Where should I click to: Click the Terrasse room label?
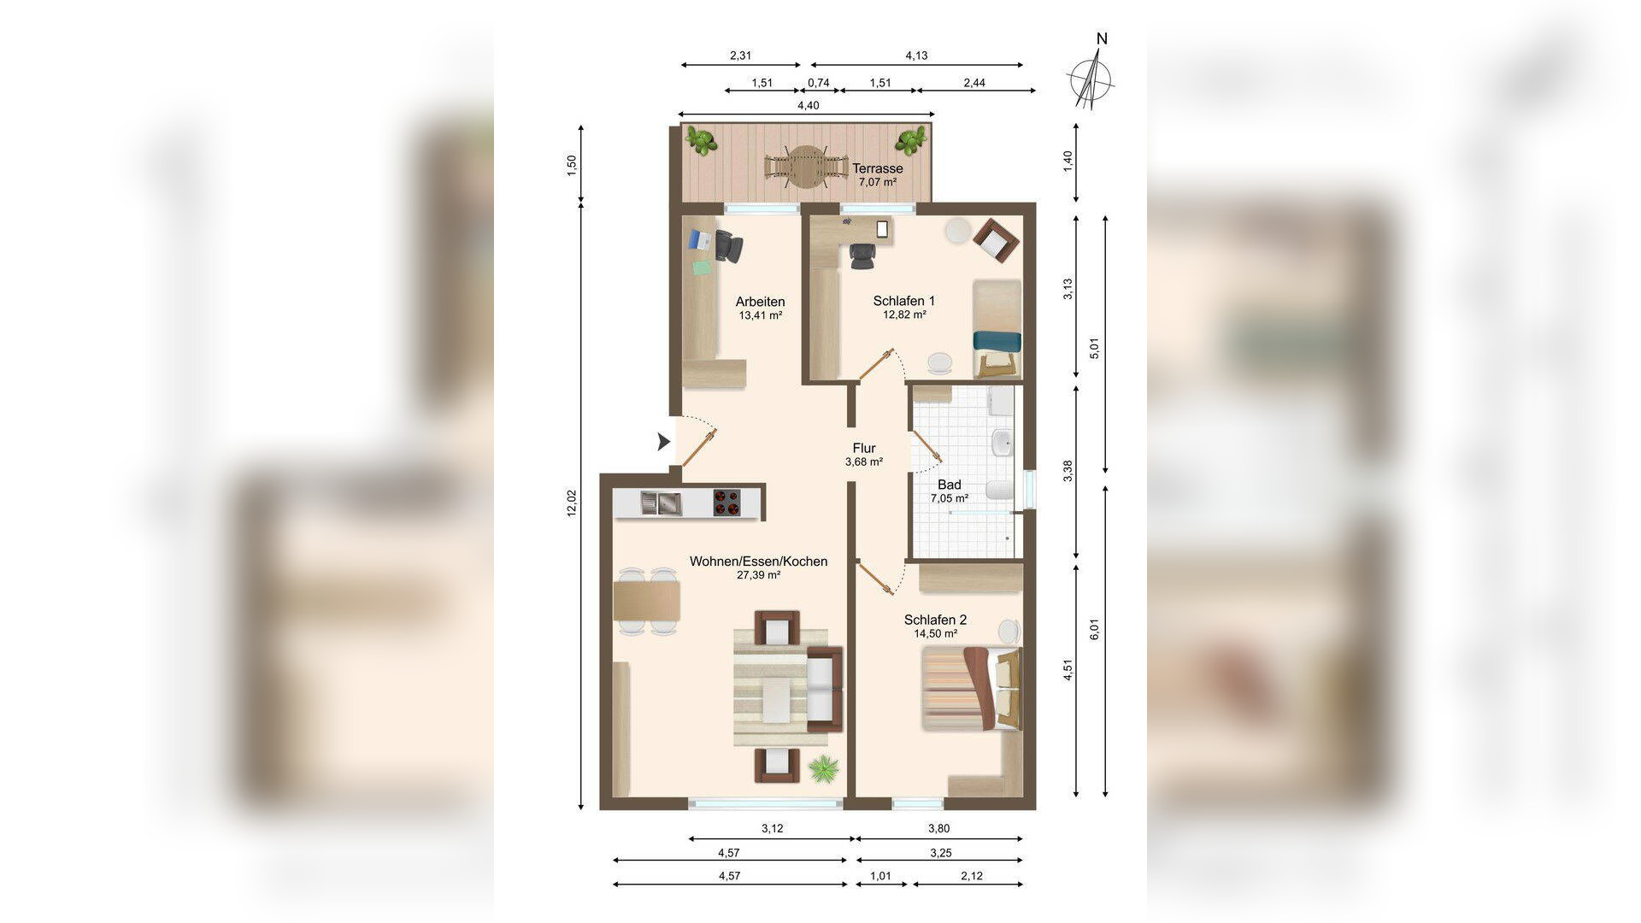877,168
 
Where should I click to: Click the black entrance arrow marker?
663,442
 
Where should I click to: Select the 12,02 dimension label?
572,503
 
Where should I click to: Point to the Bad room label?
949,485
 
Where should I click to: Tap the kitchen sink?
661,503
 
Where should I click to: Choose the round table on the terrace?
803,167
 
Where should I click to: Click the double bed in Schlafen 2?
972,688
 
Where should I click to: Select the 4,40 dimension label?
808,105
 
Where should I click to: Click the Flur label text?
864,448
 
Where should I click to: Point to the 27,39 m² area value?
758,575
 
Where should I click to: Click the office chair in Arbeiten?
728,246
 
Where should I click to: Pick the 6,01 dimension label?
1095,630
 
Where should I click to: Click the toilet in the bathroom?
998,490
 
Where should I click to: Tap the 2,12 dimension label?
972,876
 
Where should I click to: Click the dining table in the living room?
646,600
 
